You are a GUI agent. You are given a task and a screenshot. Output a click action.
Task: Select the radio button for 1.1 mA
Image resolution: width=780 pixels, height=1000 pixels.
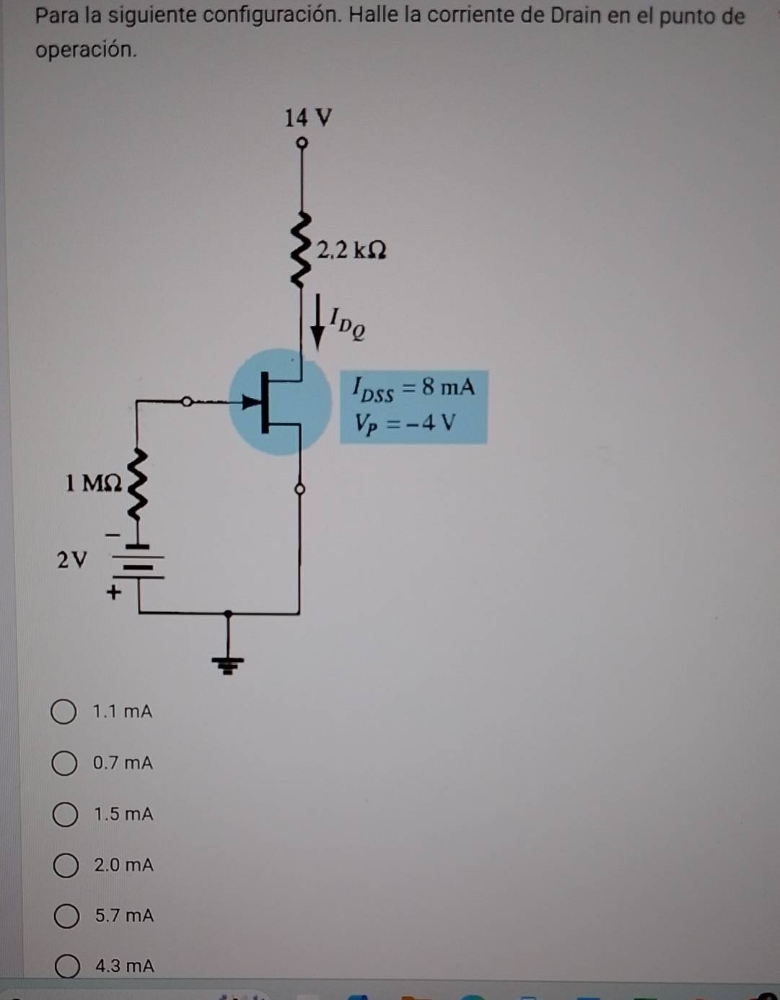click(63, 712)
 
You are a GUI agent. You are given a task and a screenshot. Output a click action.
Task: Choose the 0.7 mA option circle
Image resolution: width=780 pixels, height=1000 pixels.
click(64, 763)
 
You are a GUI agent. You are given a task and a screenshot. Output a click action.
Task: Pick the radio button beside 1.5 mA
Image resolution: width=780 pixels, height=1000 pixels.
click(65, 815)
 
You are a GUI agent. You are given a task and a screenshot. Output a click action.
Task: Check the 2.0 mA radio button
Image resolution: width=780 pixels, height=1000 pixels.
click(66, 865)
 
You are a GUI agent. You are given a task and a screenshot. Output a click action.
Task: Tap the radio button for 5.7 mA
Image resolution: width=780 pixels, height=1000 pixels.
click(66, 916)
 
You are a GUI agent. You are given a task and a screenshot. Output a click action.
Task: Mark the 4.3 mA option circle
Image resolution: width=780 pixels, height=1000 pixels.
click(68, 966)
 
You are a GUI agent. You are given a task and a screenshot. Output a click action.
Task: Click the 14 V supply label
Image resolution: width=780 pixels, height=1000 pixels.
click(308, 118)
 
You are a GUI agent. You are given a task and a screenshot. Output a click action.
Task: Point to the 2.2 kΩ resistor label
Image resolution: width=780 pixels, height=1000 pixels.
click(351, 250)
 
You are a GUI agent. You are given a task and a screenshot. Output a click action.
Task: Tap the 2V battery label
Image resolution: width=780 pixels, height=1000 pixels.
click(71, 559)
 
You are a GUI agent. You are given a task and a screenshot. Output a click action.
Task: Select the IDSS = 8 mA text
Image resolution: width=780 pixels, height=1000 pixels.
click(413, 389)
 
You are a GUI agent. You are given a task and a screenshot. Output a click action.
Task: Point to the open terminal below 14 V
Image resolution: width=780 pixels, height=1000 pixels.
click(302, 143)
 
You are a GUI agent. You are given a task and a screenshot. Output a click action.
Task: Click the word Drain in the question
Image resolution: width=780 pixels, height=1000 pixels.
click(575, 15)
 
